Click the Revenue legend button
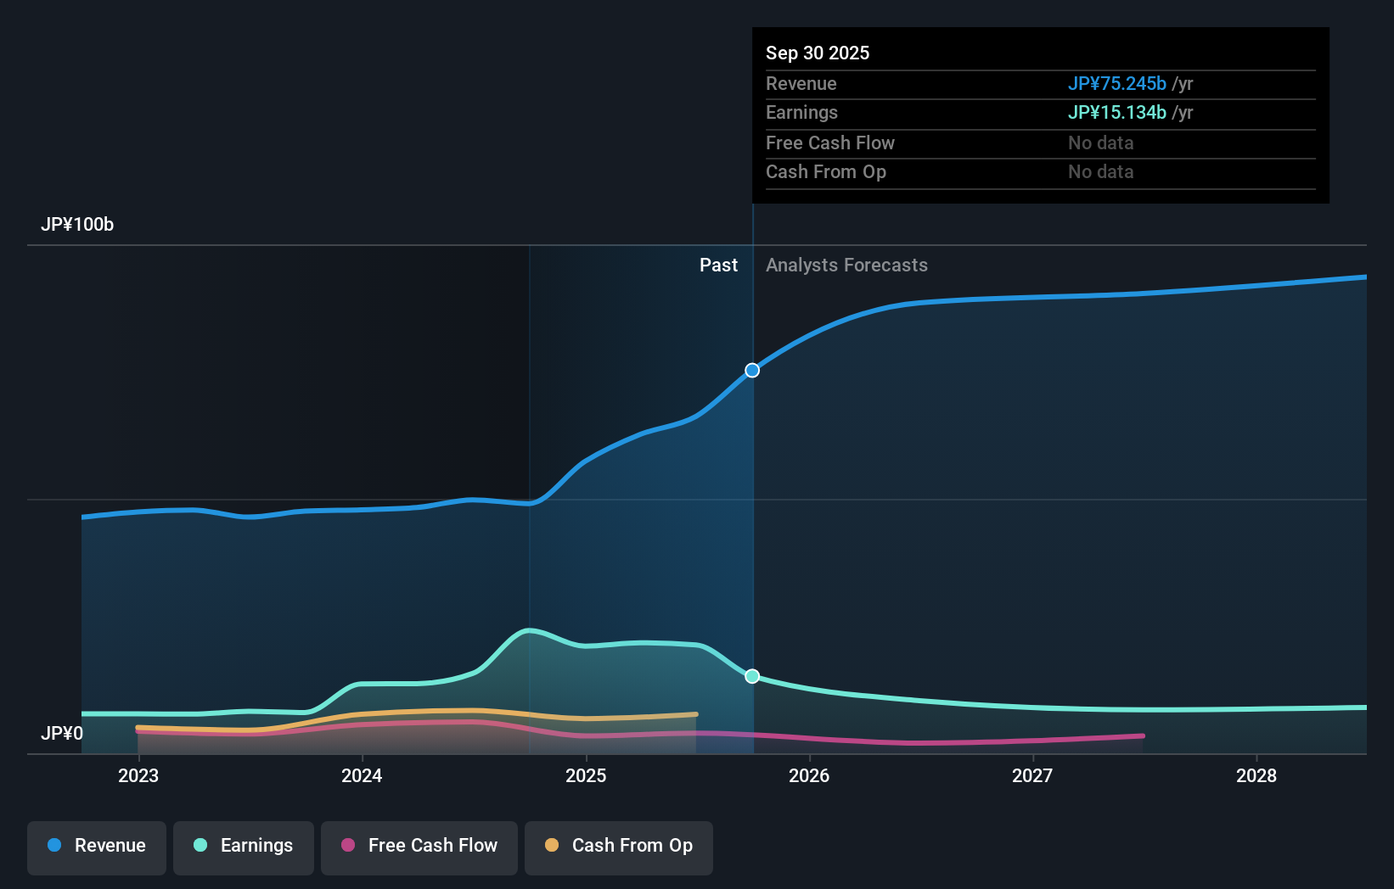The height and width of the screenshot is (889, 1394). coord(97,847)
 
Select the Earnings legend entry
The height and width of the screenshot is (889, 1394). coord(244,847)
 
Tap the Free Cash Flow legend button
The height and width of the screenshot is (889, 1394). coord(419,847)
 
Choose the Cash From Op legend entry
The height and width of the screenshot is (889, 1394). coord(619,847)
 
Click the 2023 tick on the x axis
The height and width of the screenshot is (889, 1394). coord(138,775)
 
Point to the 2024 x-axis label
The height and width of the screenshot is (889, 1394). coord(362,775)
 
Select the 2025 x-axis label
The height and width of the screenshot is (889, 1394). coord(586,775)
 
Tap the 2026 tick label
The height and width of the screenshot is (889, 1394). coord(809,775)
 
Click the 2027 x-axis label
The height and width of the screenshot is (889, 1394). coord(1032,775)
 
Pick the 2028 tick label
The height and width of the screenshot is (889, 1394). coord(1256,775)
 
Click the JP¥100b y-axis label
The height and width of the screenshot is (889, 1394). coord(77,225)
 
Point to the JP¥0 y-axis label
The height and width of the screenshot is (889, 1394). coord(62,733)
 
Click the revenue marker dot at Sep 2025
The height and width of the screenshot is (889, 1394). coord(752,371)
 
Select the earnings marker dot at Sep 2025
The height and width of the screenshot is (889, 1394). coord(752,676)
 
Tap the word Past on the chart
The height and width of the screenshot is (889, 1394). coord(718,266)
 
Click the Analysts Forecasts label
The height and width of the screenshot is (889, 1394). coord(846,266)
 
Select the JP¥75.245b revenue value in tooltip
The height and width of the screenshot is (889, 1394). coord(1116,84)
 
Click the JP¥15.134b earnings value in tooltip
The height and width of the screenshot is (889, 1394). coord(1116,113)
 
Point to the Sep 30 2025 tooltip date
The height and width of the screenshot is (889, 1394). coord(818,53)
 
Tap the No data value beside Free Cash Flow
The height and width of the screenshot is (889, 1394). coord(1100,143)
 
